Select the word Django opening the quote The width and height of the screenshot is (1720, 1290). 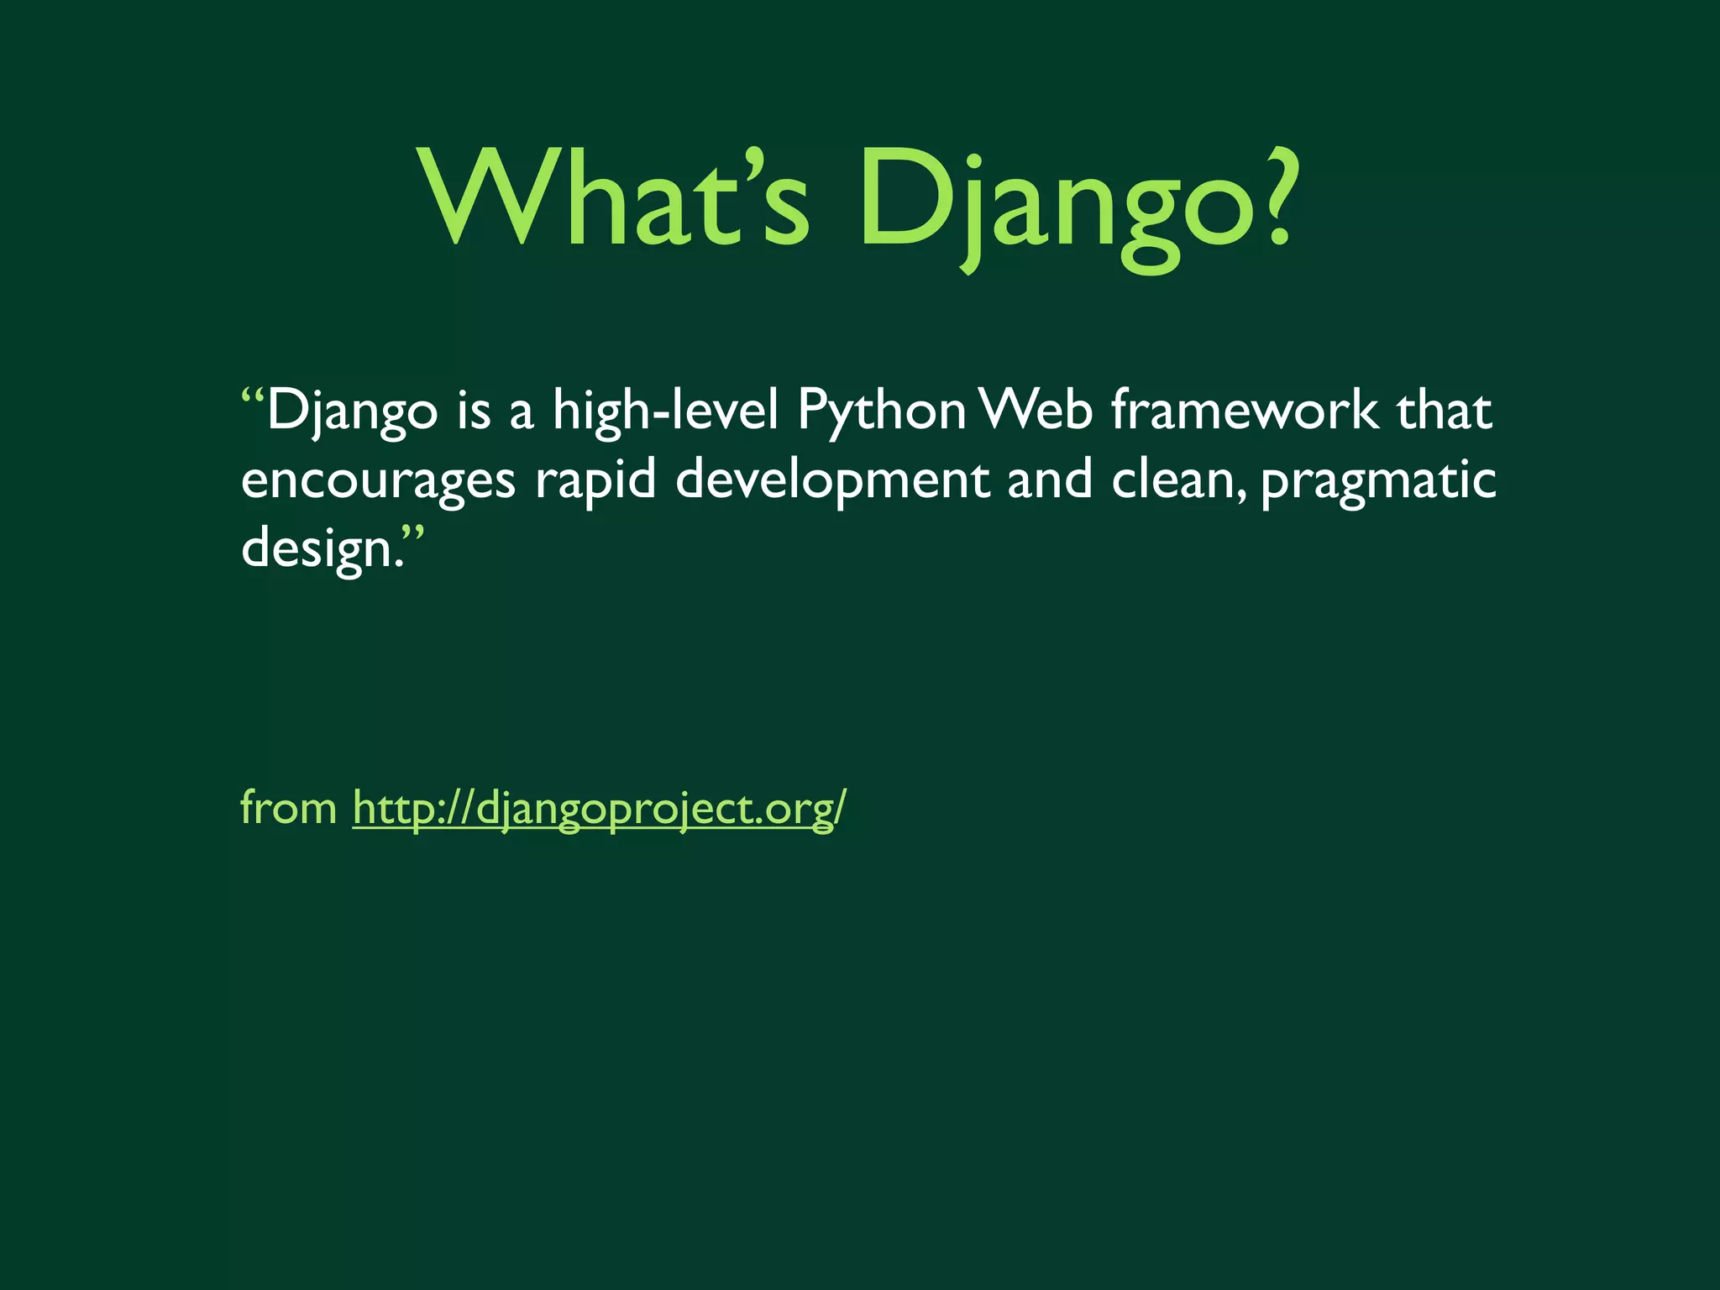coord(353,412)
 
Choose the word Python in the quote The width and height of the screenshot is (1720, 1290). coord(881,412)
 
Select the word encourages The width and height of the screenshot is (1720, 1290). coord(378,481)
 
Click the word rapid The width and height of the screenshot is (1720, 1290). coord(595,481)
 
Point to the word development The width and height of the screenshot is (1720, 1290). coord(832,481)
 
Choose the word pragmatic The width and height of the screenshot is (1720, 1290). coord(1378,481)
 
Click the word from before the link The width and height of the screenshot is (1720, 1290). coord(288,807)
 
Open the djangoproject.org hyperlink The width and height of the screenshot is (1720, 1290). coord(599,809)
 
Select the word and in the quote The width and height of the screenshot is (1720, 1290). coord(1049,480)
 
